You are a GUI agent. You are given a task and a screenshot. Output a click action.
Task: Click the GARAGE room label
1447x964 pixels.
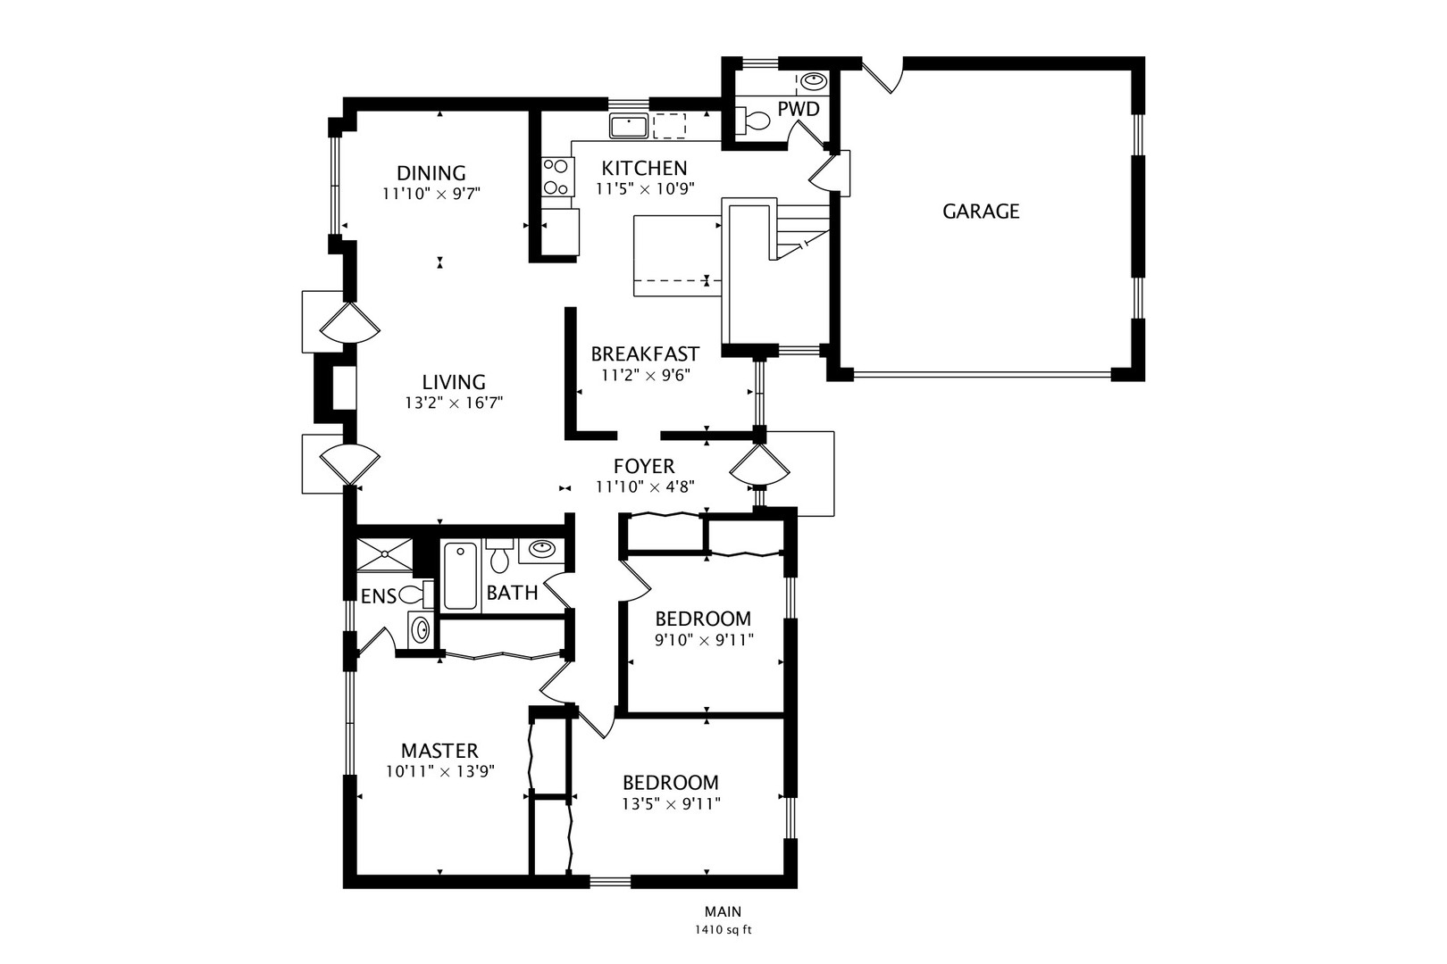click(981, 212)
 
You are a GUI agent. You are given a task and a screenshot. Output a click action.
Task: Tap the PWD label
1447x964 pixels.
click(799, 109)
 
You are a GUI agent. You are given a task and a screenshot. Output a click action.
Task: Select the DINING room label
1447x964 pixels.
click(431, 173)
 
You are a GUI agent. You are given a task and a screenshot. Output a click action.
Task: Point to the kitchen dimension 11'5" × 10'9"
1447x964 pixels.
click(645, 188)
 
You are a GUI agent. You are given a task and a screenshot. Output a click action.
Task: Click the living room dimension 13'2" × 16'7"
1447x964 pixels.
click(454, 403)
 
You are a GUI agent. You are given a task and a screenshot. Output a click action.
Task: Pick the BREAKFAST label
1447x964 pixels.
click(645, 353)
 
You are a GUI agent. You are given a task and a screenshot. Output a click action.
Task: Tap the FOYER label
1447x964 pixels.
click(644, 466)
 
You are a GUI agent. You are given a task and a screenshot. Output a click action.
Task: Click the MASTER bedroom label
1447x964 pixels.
click(440, 751)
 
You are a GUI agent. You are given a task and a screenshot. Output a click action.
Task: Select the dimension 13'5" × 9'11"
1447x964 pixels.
click(671, 804)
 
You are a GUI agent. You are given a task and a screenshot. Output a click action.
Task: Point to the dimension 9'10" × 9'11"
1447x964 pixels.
click(704, 640)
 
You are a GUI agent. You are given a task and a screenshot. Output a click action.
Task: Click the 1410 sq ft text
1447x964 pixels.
click(723, 930)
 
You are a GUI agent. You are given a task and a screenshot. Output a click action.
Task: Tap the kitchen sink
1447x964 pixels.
click(629, 126)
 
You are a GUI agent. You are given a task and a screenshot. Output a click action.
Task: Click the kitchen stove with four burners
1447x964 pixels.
click(556, 176)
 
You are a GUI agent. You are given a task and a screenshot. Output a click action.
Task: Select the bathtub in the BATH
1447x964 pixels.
click(461, 576)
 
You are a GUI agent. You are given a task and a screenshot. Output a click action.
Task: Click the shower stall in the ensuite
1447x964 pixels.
click(384, 554)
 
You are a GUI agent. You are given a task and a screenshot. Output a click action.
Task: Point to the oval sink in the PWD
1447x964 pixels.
click(814, 81)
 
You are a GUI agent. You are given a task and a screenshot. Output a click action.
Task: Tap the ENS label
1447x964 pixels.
click(379, 596)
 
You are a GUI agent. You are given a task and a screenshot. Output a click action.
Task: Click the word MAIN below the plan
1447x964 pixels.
click(723, 911)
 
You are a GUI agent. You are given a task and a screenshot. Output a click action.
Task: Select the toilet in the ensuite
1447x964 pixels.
click(416, 594)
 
